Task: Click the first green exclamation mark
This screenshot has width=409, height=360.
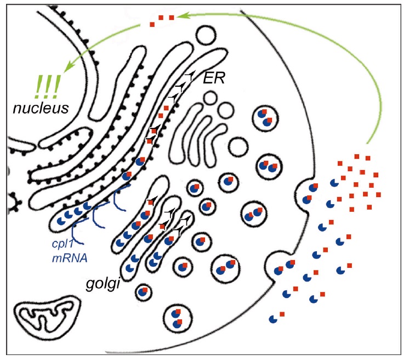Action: (39, 87)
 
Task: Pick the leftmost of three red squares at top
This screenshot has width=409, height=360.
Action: (153, 25)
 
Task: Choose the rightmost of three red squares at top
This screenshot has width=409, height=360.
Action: (172, 18)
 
